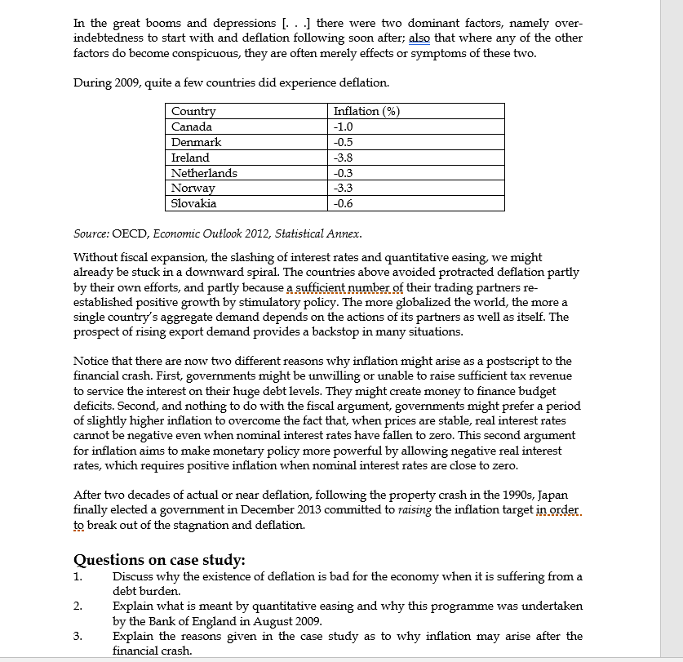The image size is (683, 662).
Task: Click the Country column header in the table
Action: click(193, 111)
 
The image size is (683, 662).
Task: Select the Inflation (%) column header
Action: click(366, 111)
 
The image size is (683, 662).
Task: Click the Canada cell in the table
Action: click(192, 127)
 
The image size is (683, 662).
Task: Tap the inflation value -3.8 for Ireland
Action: click(343, 158)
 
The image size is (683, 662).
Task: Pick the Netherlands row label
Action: click(204, 173)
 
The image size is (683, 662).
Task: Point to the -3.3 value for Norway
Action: click(343, 189)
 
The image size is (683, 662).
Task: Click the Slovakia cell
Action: click(193, 204)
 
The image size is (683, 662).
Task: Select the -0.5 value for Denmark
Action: click(343, 142)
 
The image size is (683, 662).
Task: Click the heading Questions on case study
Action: click(160, 560)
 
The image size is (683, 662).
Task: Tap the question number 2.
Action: click(78, 606)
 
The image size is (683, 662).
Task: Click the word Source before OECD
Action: click(91, 233)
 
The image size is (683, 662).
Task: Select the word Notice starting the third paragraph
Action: click(91, 361)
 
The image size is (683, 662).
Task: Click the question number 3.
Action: click(78, 636)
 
